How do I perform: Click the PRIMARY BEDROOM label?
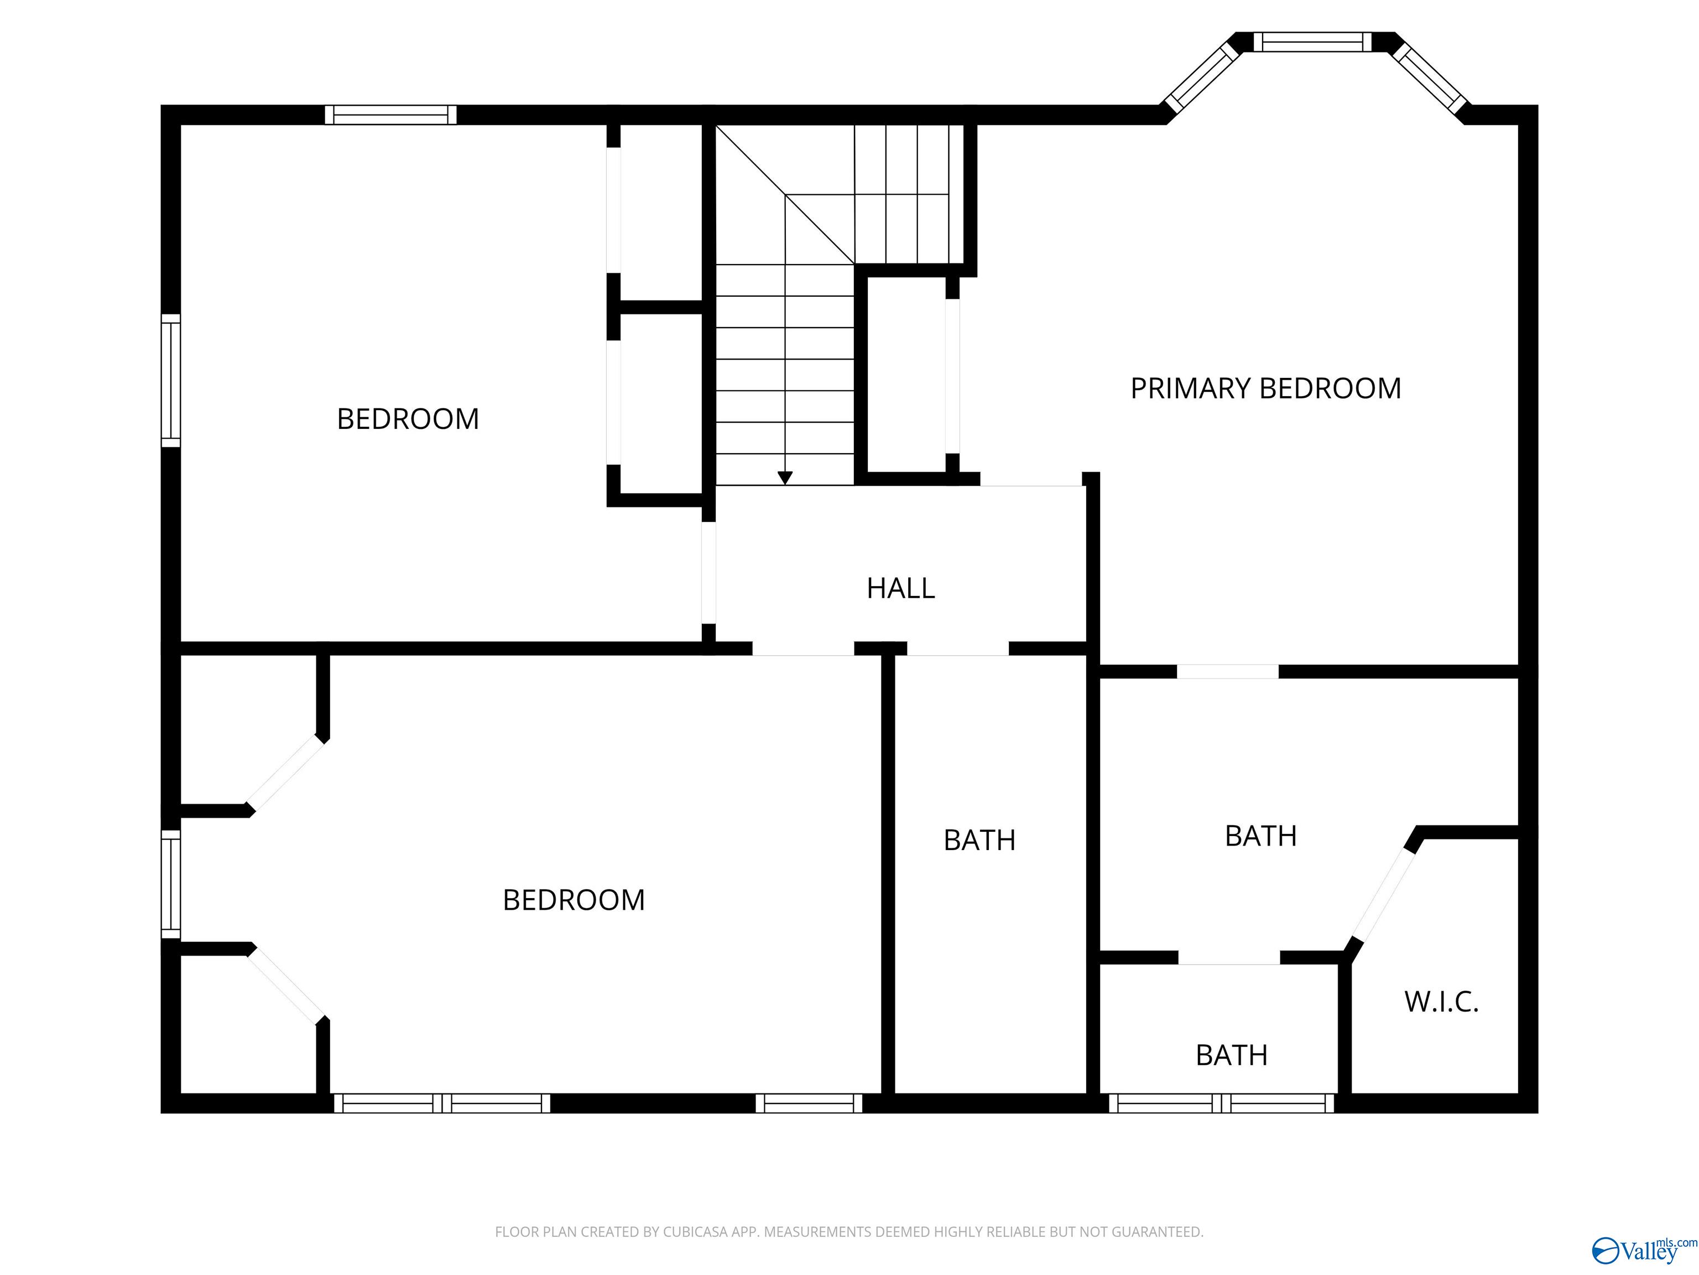pyautogui.click(x=1265, y=389)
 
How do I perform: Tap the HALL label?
pyautogui.click(x=900, y=589)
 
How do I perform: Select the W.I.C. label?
pyautogui.click(x=1441, y=1002)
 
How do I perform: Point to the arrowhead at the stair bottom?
pyautogui.click(x=784, y=478)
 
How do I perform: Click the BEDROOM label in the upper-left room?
pyautogui.click(x=408, y=419)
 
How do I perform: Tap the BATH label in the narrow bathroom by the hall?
pyautogui.click(x=979, y=841)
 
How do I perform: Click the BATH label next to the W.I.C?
pyautogui.click(x=1260, y=836)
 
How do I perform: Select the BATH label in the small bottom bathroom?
pyautogui.click(x=1231, y=1056)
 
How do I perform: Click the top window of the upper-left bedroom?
pyautogui.click(x=390, y=115)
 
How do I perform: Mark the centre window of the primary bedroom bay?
pyautogui.click(x=1312, y=42)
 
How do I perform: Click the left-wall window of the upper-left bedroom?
pyautogui.click(x=170, y=380)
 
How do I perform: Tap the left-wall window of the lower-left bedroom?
pyautogui.click(x=170, y=884)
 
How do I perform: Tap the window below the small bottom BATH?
pyautogui.click(x=1221, y=1103)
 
